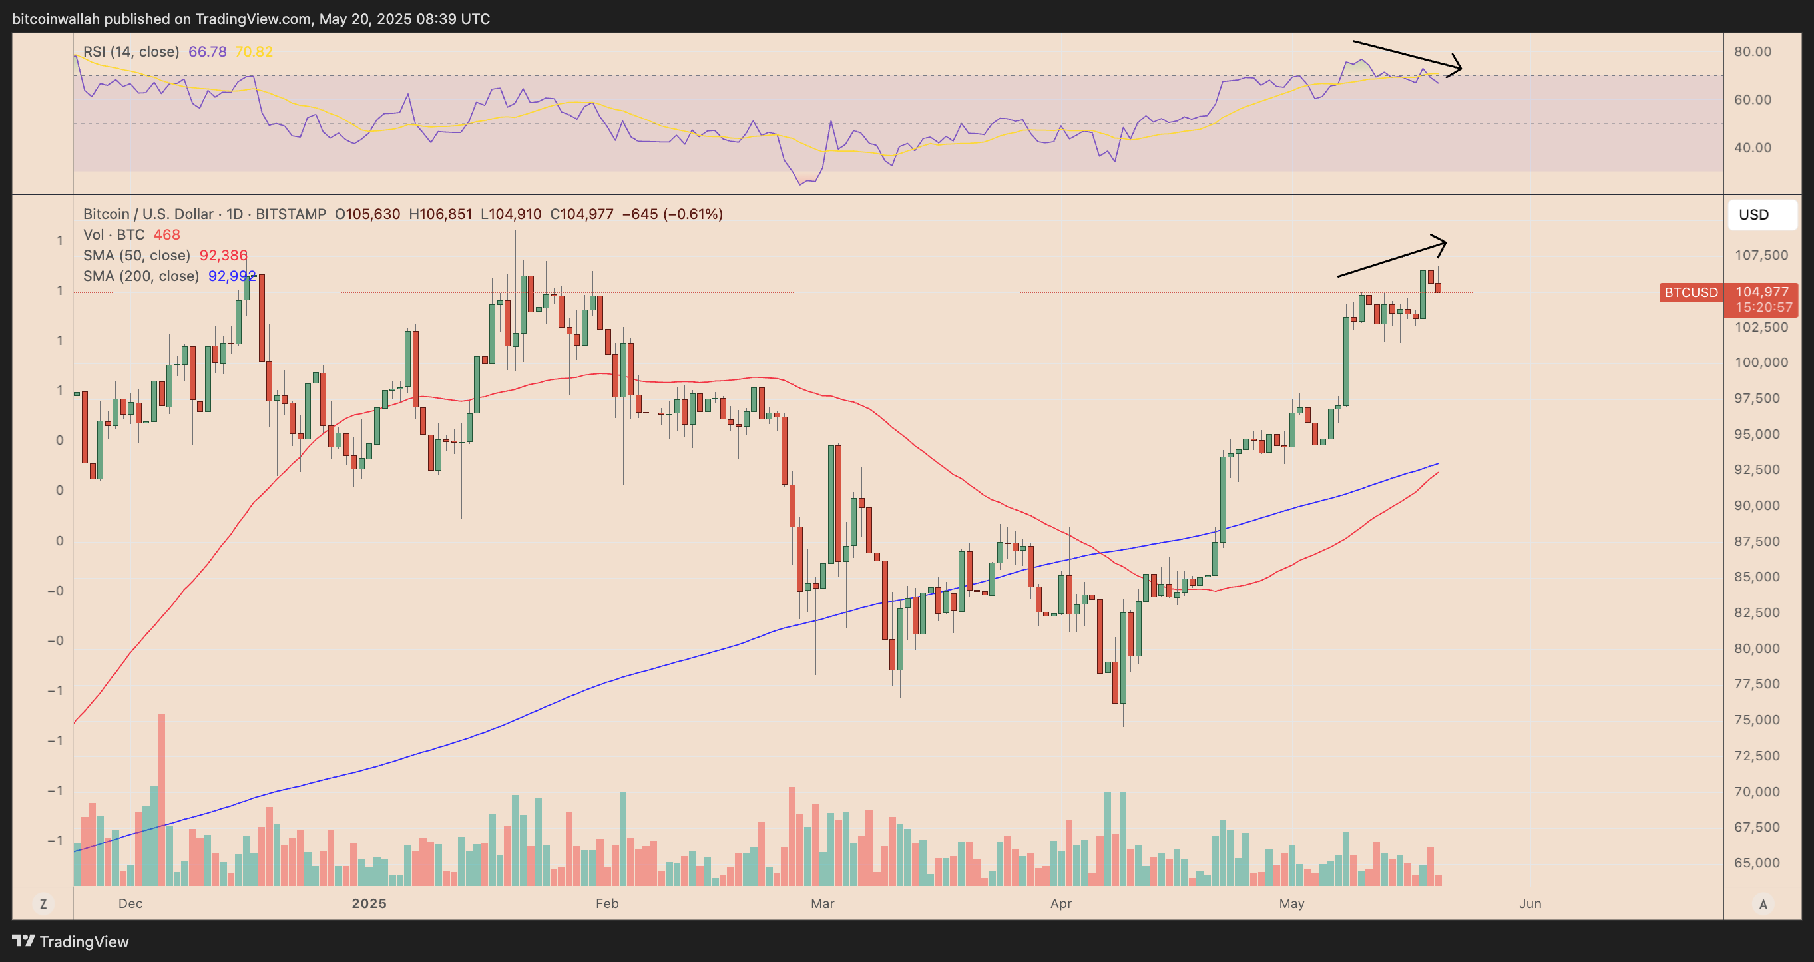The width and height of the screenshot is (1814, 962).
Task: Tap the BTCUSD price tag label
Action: [1691, 292]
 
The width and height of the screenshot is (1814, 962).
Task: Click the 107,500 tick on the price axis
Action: [1761, 255]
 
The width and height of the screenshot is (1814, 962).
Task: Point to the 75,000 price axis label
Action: [1761, 720]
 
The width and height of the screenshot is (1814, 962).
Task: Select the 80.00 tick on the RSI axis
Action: [1752, 51]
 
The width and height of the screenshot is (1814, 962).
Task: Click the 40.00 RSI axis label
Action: [1752, 148]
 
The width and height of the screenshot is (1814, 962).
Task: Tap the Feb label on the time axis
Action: [607, 903]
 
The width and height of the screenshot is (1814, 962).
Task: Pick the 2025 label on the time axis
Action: [369, 903]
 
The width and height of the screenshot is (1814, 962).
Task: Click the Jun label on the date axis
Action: [1530, 903]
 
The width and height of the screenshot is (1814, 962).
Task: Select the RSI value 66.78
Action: [207, 51]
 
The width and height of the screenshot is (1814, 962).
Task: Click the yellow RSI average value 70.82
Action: [254, 51]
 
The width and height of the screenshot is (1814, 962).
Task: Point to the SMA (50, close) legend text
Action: [136, 255]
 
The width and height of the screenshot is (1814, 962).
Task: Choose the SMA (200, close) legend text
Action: [141, 276]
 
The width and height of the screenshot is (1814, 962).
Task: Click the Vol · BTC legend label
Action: [113, 234]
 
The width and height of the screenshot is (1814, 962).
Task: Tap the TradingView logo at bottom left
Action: [71, 941]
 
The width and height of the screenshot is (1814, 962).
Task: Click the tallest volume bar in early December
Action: [162, 800]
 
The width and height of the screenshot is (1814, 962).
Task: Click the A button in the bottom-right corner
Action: [1763, 904]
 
